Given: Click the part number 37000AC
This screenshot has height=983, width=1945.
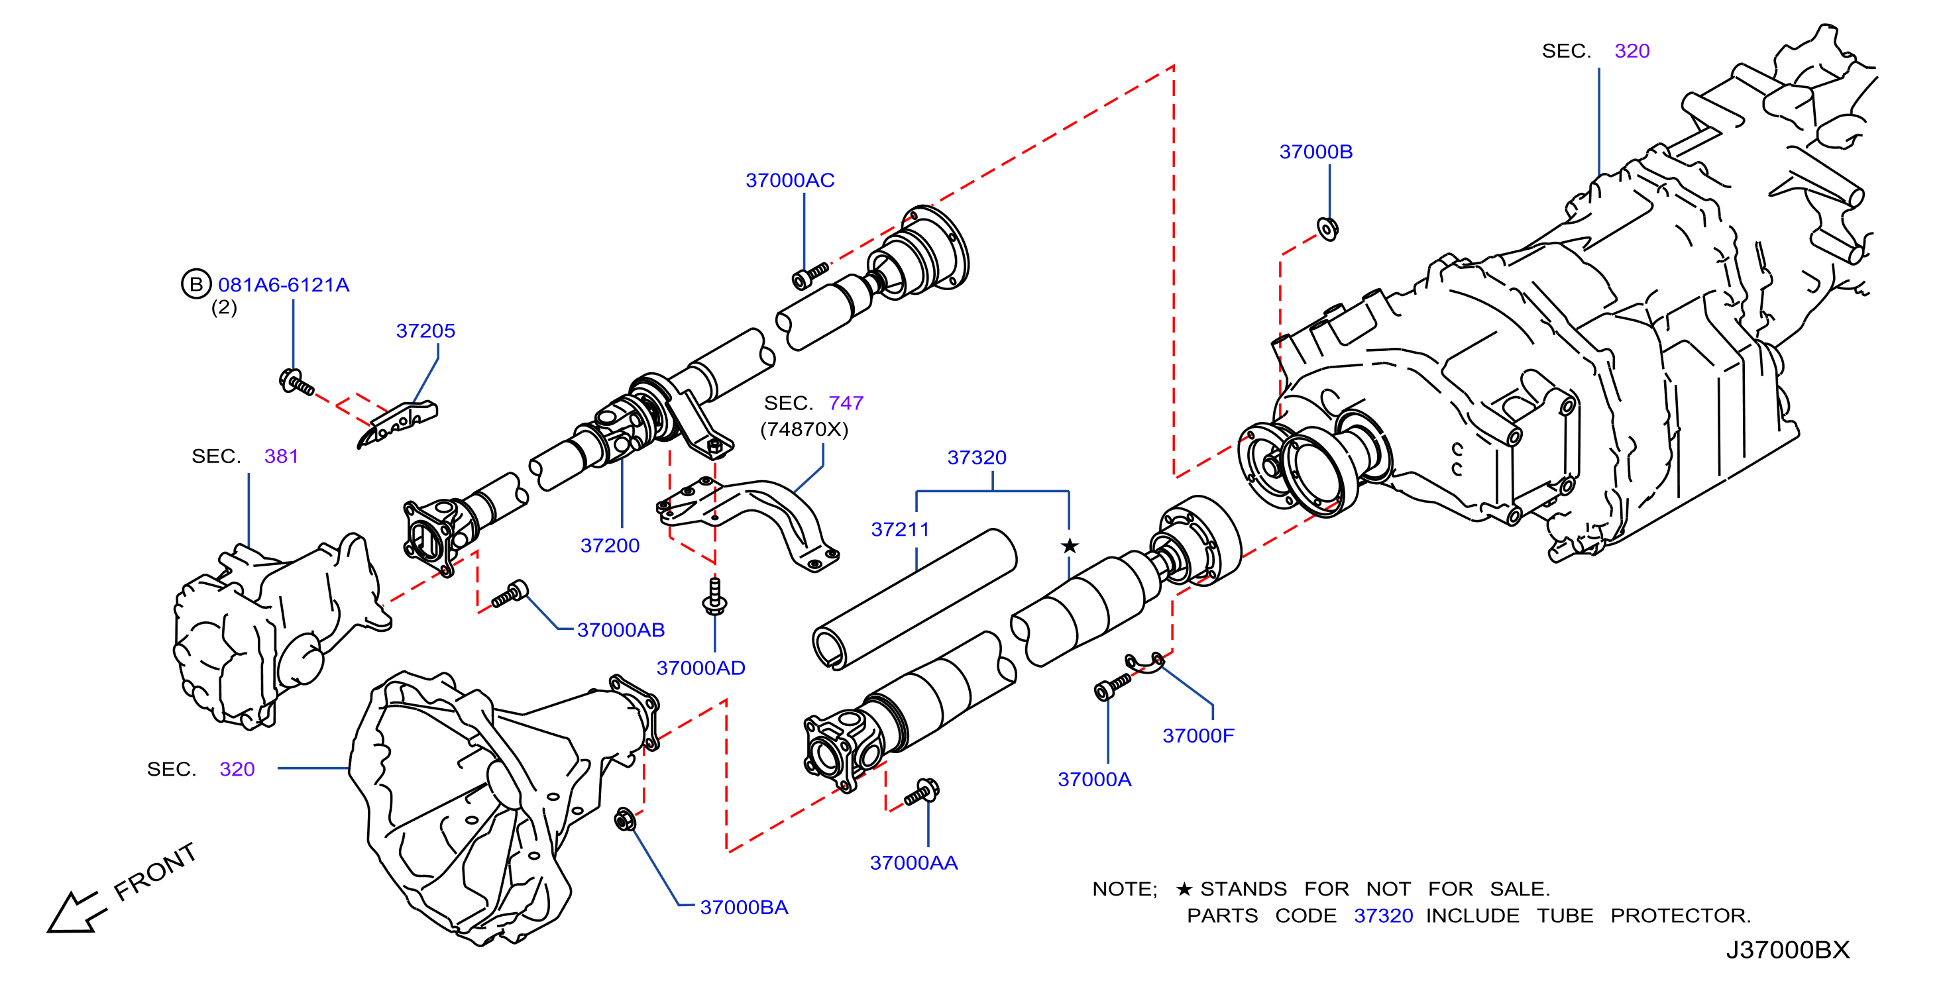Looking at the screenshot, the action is point(790,180).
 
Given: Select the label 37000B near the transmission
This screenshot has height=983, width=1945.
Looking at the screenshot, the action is point(1315,152).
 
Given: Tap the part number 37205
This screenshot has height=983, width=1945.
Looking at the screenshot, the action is point(425,331).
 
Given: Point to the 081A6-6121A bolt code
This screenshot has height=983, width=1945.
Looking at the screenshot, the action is point(283,285).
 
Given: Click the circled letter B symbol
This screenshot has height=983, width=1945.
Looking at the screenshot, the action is point(195,284).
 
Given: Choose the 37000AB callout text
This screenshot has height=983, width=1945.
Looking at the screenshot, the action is point(621,630).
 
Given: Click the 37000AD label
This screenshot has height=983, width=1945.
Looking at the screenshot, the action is point(700,668).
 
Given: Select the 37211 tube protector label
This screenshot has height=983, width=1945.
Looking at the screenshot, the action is point(900,529).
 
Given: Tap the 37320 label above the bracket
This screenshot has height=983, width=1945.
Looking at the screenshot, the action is point(976,458).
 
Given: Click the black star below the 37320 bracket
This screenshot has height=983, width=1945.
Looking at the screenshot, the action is point(1069,545).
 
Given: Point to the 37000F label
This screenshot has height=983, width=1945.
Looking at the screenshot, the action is point(1198,735).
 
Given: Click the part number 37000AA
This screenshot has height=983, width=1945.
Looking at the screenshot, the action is point(914,862).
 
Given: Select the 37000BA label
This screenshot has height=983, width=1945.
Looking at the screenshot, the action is point(744,907).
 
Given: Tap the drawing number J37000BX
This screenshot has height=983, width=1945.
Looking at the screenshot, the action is point(1787,949).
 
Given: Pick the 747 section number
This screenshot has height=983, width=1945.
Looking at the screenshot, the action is point(846,403).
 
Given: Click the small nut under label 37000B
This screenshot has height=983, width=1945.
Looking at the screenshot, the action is point(1327,228).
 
